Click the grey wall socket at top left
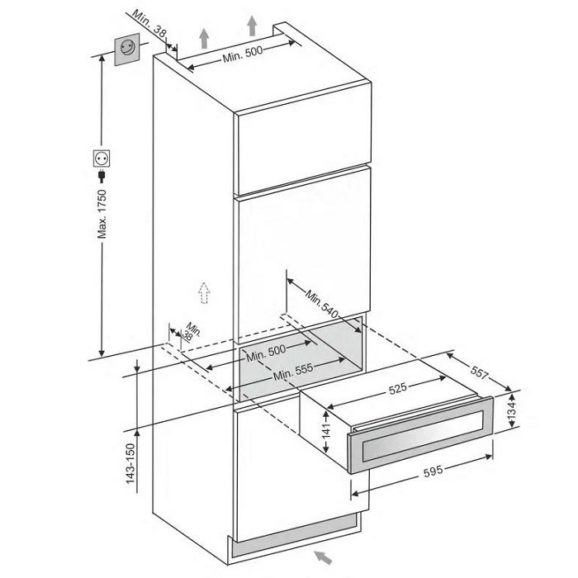tap(127, 49)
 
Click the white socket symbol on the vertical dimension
tap(102, 159)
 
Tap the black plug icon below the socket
tap(101, 176)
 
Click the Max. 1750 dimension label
tap(102, 214)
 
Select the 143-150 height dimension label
tap(131, 463)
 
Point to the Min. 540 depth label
tap(321, 304)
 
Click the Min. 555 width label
tap(293, 372)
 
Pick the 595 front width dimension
tap(433, 471)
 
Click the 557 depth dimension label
tap(479, 372)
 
